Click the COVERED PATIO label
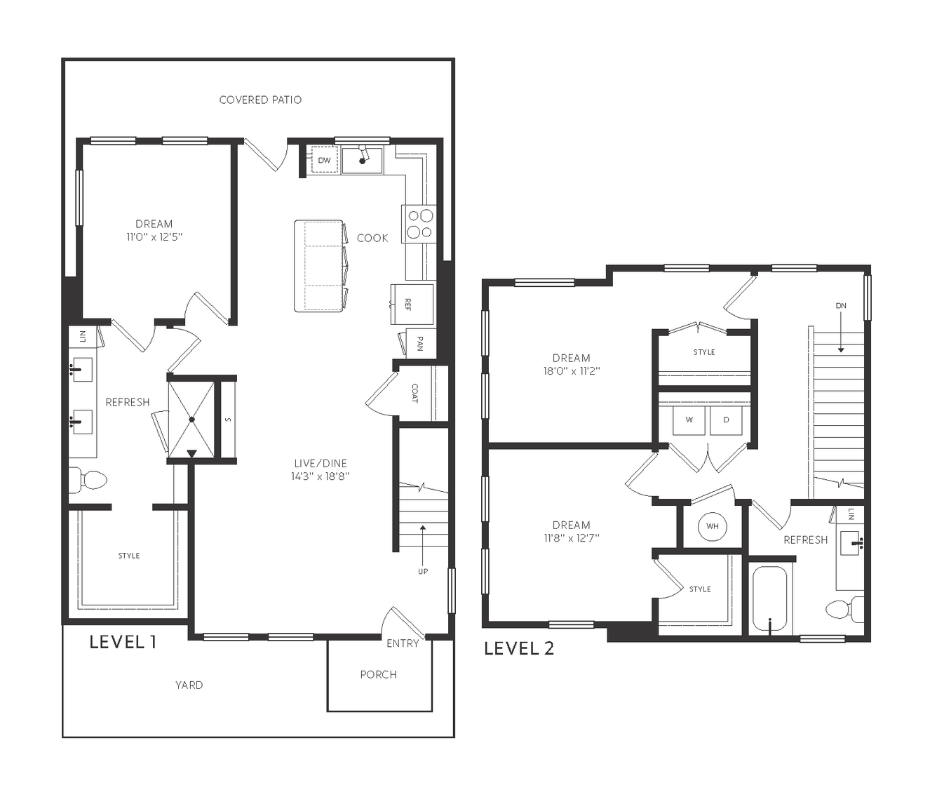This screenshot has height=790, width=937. [x=260, y=100]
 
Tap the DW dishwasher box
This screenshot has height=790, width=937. [x=325, y=160]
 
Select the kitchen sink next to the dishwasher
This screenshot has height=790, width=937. [x=362, y=160]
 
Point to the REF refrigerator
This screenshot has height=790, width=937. [x=412, y=304]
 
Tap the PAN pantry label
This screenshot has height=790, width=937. [x=420, y=343]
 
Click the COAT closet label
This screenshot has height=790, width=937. [x=414, y=393]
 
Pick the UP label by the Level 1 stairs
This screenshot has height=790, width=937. [x=423, y=571]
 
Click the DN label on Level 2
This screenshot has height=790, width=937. [x=841, y=306]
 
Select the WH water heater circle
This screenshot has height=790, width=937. [x=713, y=526]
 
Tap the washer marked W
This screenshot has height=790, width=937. [x=689, y=420]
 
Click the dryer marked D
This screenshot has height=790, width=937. [x=726, y=420]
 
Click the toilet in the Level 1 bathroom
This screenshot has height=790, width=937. [x=88, y=480]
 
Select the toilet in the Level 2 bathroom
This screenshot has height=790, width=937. [x=844, y=610]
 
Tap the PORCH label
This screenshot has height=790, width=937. [x=378, y=675]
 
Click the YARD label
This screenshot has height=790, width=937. [x=189, y=685]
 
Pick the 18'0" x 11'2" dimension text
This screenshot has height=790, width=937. [x=572, y=370]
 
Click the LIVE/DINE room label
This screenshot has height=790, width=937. [x=321, y=463]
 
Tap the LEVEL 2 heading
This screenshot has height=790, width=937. [x=519, y=648]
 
